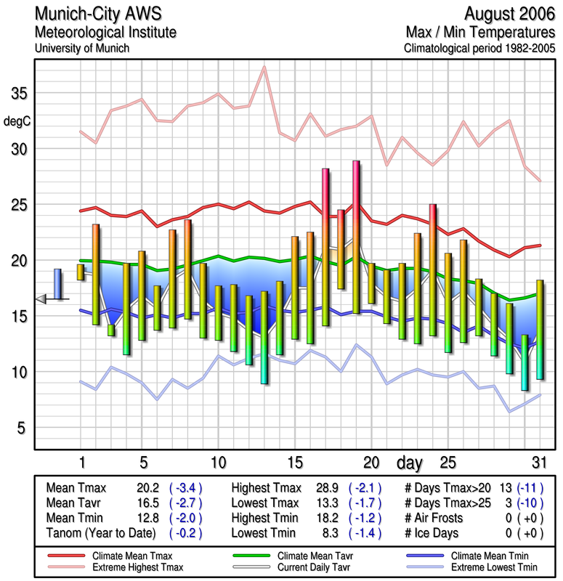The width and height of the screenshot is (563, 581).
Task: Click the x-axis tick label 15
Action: click(x=294, y=462)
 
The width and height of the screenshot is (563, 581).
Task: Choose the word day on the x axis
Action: click(x=409, y=462)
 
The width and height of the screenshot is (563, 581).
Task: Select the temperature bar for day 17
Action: click(x=325, y=247)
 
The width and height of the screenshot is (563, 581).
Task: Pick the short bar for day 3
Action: click(x=111, y=330)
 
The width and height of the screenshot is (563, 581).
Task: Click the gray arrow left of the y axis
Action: click(x=42, y=298)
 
